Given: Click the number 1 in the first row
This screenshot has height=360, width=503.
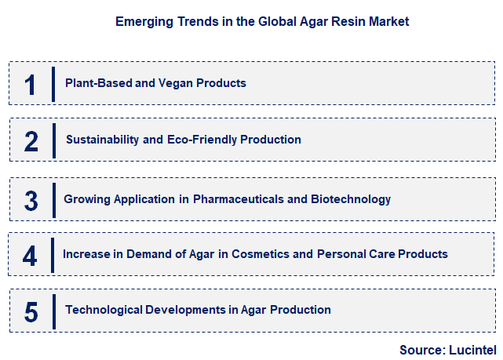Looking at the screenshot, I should pyautogui.click(x=31, y=84).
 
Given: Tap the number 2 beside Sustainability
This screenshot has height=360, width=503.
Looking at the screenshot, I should pyautogui.click(x=31, y=141).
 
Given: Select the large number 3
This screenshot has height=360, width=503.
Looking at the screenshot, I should pyautogui.click(x=31, y=200).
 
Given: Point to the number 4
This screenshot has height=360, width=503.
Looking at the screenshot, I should pyautogui.click(x=30, y=255).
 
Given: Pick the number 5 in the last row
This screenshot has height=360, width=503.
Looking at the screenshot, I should pyautogui.click(x=31, y=311).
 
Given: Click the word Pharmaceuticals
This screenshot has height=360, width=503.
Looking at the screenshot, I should pyautogui.click(x=238, y=199).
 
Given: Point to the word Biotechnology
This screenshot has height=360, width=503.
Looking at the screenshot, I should pyautogui.click(x=351, y=199).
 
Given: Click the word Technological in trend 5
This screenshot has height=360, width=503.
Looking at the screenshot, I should pyautogui.click(x=103, y=310).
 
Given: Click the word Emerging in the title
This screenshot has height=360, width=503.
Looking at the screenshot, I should pyautogui.click(x=142, y=22).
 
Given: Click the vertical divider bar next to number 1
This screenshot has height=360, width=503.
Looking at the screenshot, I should pyautogui.click(x=53, y=84).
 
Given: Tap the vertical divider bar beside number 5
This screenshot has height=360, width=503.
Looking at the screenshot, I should pyautogui.click(x=53, y=311).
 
